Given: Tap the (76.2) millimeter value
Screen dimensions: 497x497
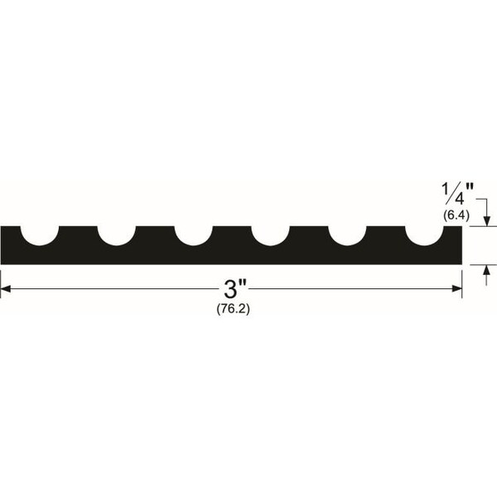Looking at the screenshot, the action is [x=234, y=309].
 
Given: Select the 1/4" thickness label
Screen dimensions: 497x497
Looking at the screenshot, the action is [x=458, y=194].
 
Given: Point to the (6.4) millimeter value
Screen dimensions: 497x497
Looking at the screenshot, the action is [x=456, y=215].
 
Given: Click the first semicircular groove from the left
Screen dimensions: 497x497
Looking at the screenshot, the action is [x=40, y=236].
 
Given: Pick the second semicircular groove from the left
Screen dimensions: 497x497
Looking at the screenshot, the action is [x=117, y=236].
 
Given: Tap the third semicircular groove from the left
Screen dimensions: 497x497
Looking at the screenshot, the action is [x=194, y=236].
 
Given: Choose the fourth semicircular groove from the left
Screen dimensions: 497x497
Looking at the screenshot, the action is [x=270, y=236].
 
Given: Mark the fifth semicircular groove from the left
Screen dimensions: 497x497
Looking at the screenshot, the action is [x=347, y=236].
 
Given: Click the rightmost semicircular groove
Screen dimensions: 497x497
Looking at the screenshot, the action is [x=424, y=236].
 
